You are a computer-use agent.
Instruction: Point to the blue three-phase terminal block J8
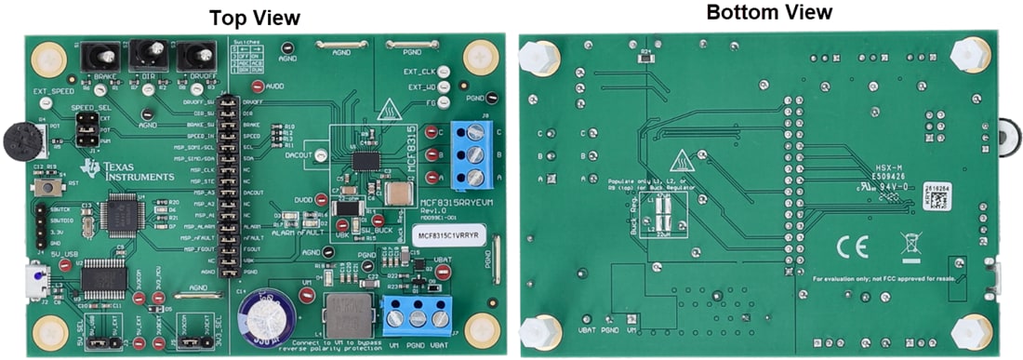(x=473, y=152)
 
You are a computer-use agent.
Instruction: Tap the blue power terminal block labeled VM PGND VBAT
(x=414, y=317)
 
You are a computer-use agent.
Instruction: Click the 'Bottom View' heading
(x=768, y=13)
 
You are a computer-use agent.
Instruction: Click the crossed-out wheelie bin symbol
(x=910, y=245)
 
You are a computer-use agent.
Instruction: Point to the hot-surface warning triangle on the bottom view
(x=684, y=159)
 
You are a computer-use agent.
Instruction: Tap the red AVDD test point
(x=245, y=87)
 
